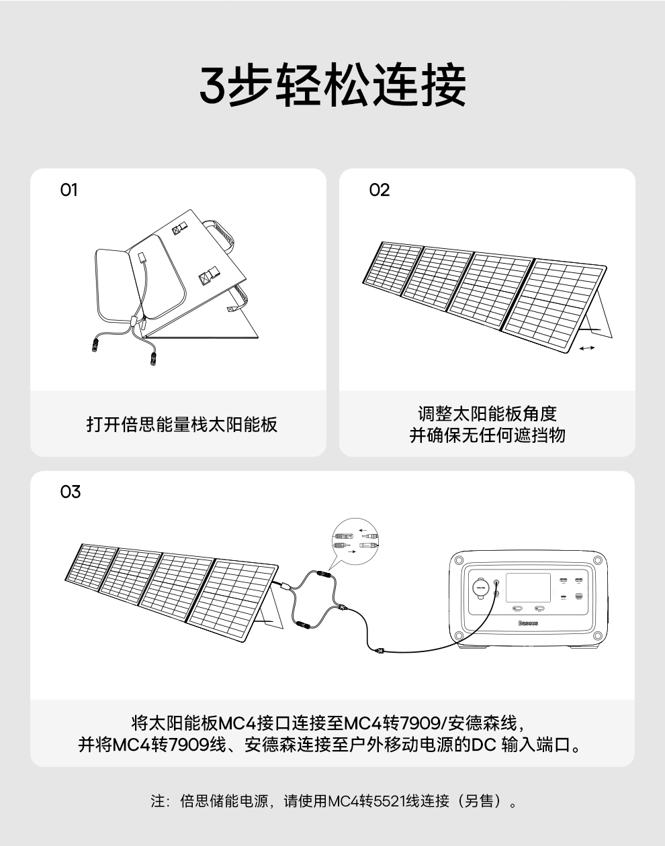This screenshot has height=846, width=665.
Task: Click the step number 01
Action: click(69, 191)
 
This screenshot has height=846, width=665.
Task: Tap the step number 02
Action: click(379, 191)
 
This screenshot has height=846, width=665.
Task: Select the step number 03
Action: click(70, 492)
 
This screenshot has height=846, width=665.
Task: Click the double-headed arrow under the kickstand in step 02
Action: click(586, 348)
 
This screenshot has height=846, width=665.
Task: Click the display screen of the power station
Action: click(527, 587)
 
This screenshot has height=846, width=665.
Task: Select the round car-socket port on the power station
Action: click(479, 586)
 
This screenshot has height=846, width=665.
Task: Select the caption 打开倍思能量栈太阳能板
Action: click(182, 425)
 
